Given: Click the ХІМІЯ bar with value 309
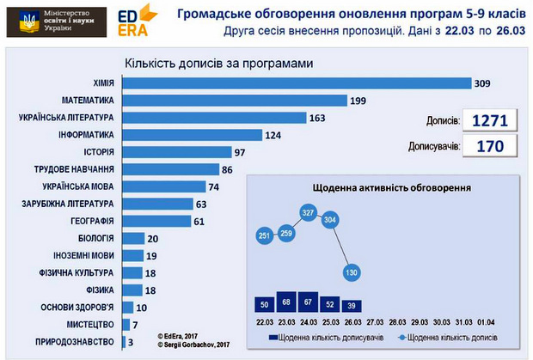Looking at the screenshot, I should click(297, 82).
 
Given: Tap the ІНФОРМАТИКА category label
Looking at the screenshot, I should click(85, 135).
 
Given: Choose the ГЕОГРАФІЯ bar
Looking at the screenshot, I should click(156, 221).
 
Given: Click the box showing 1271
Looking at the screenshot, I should click(490, 120).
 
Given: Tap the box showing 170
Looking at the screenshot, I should click(490, 146).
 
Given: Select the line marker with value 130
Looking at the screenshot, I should click(349, 272).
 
